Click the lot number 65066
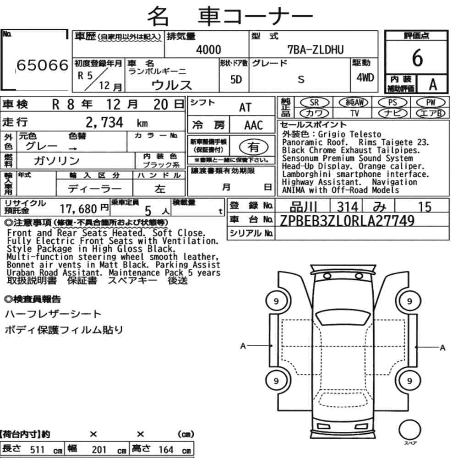click(42, 65)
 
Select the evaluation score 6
click(417, 58)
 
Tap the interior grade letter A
click(433, 85)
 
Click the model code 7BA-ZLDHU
click(316, 50)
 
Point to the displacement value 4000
click(208, 50)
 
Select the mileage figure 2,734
click(104, 122)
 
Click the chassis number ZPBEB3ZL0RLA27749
click(347, 221)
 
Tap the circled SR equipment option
click(314, 103)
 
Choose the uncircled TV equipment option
click(354, 113)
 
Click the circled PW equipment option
click(431, 103)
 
